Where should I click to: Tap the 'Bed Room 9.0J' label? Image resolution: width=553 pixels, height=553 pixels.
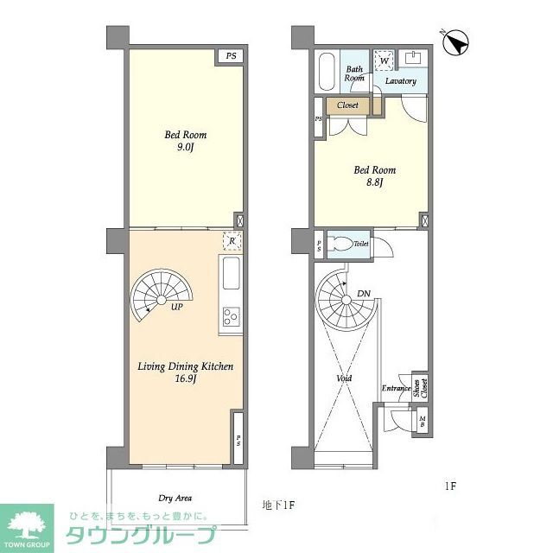pos(186,141)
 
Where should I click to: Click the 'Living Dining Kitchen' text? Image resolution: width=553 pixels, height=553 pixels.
pos(185,366)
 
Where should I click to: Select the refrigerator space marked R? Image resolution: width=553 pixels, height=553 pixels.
pos(231,243)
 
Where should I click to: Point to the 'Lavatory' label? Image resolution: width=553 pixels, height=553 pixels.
pos(401,81)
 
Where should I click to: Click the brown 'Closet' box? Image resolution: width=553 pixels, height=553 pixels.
pos(348,105)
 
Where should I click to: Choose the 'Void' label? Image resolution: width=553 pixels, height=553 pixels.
pos(345,378)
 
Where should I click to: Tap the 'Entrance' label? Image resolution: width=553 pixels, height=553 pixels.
pos(396,388)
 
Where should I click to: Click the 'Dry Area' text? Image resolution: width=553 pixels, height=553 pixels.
pos(175,498)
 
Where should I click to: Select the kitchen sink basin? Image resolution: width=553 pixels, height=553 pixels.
pos(231,275)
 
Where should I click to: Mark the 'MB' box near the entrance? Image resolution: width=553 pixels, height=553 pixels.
pos(422,422)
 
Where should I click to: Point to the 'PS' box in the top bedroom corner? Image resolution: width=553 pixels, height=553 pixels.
pos(230,56)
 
